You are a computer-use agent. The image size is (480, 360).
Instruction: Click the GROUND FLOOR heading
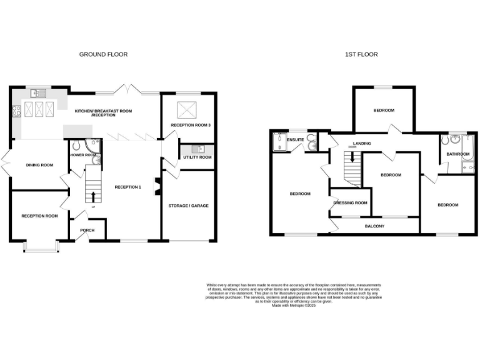(x=103, y=54)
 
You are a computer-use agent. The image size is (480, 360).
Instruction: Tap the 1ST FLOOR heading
(x=361, y=54)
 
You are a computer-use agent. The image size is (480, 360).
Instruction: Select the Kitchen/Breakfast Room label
(x=103, y=113)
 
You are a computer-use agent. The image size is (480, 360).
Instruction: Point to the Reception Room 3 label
(x=191, y=125)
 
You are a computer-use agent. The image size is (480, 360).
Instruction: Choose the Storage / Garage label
(x=188, y=206)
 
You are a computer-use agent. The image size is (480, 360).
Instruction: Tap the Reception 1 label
(x=127, y=186)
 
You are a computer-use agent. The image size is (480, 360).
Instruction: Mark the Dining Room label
(x=39, y=165)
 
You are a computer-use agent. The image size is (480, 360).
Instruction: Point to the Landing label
(x=362, y=143)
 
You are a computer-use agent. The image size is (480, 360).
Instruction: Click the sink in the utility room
(x=198, y=149)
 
